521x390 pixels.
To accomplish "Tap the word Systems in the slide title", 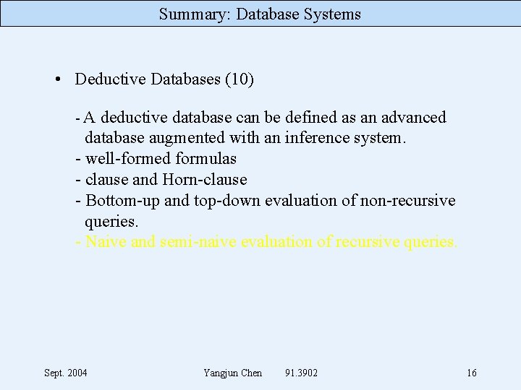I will point(329,14).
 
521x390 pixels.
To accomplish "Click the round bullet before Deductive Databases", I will point(57,79).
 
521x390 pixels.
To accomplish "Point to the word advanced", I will point(411,117).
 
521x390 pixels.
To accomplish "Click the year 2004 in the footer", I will point(77,373).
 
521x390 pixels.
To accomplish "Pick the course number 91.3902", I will point(302,373).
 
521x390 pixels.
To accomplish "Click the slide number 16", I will point(472,373).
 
